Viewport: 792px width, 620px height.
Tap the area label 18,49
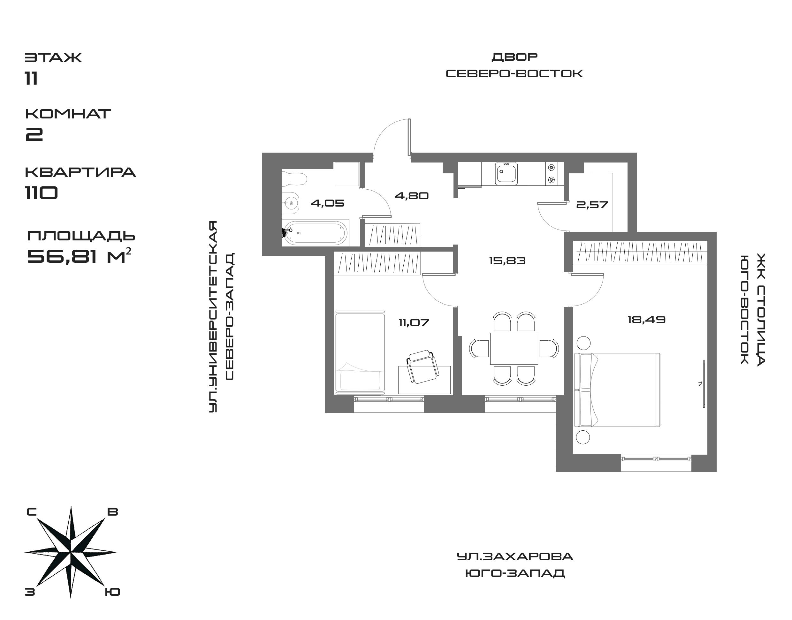(646, 320)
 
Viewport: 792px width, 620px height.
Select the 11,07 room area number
(414, 322)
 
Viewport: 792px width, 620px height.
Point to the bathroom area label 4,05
(327, 203)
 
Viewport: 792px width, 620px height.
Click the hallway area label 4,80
(411, 196)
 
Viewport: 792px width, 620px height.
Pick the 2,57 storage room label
(592, 205)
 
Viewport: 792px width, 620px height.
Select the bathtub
(315, 233)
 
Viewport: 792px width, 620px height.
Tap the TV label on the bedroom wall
(699, 383)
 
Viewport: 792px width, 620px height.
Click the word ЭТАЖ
(53, 58)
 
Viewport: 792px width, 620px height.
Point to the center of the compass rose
(71, 553)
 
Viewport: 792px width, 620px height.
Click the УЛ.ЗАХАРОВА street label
(515, 556)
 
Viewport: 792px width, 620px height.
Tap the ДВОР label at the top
(514, 57)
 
